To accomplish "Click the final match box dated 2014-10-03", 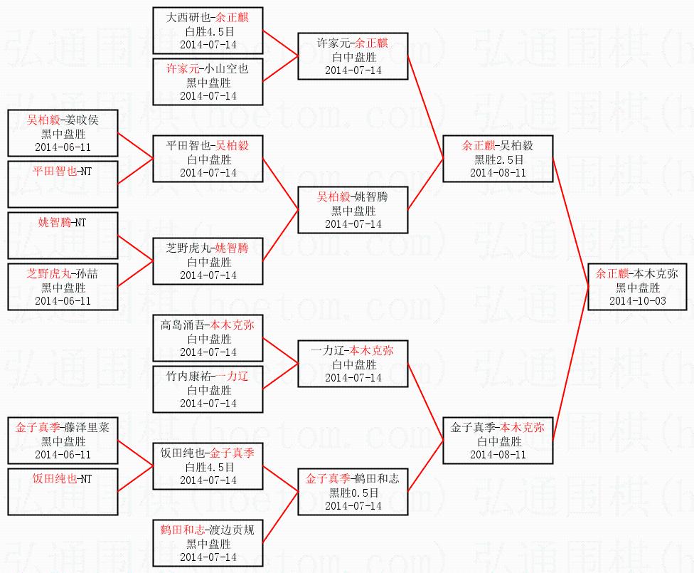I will point(638,287).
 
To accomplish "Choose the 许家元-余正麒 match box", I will point(353,56).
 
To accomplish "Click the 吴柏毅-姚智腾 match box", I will point(353,210).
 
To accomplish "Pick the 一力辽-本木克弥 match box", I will point(353,364).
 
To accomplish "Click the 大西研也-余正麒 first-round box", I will point(208,31).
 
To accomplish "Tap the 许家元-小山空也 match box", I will point(208,82).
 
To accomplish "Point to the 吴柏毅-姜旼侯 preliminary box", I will point(63,133).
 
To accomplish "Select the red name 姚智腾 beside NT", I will point(55,223).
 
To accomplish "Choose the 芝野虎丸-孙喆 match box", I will point(63,287).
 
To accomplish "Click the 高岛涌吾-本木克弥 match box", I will point(208,338).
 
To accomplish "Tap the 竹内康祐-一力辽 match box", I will point(208,389).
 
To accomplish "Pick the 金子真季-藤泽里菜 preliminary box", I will point(63,441).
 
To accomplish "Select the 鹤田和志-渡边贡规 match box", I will point(208,543).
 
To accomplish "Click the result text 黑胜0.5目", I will point(353,493).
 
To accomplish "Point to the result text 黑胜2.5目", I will point(498,159).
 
